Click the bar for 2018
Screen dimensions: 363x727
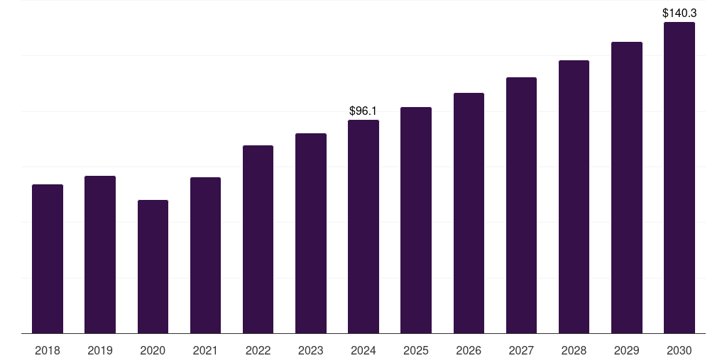coord(48,259)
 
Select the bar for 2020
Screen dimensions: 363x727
coord(153,267)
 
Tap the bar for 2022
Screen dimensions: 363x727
coord(258,239)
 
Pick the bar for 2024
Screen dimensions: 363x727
coord(363,226)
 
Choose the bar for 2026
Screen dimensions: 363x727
coord(469,213)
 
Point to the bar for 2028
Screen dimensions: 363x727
coord(574,196)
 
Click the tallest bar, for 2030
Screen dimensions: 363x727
coord(679,177)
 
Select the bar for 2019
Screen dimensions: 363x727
coord(100,255)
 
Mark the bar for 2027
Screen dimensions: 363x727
coord(521,205)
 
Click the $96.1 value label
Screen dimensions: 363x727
coord(363,111)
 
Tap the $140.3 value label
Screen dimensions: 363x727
coord(679,13)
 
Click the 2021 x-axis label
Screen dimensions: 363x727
coord(205,350)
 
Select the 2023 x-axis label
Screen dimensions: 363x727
coord(311,350)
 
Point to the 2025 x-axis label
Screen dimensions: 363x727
coord(416,350)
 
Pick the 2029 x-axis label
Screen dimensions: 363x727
coord(627,350)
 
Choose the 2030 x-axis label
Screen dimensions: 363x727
coord(679,350)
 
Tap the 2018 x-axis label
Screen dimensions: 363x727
coord(48,350)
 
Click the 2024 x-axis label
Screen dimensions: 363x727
coord(363,350)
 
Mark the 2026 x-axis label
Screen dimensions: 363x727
coord(469,350)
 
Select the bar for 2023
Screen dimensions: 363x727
coord(311,233)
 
